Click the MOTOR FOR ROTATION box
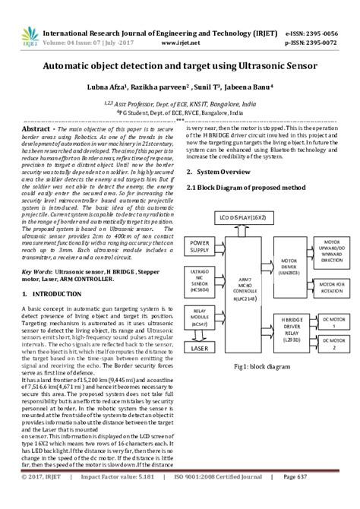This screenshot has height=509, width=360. point(331,286)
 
